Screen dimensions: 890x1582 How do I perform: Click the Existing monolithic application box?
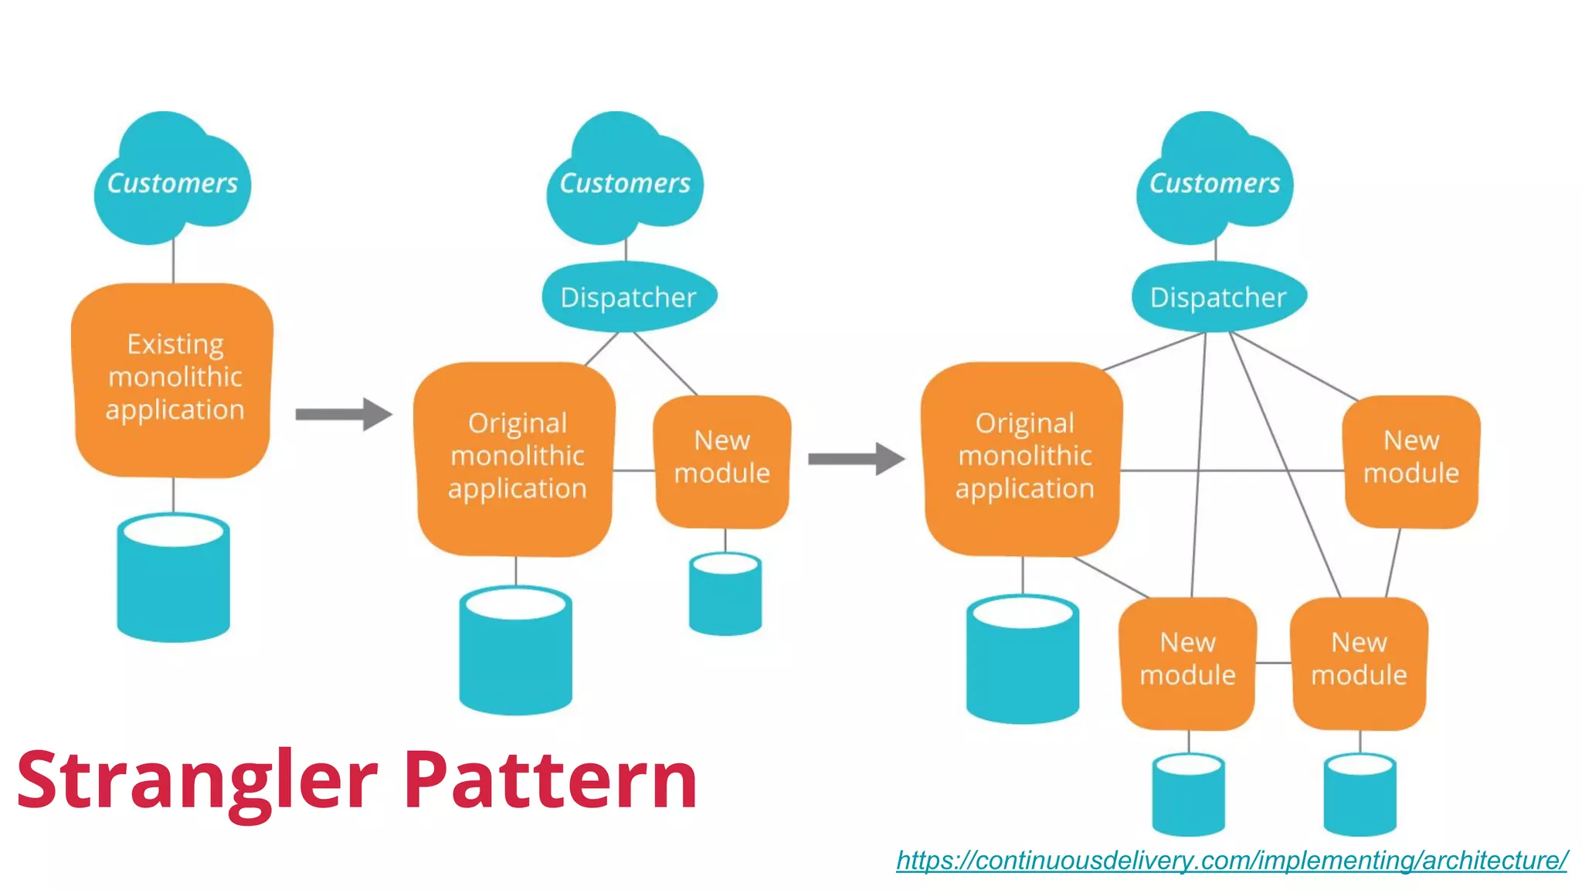pos(173,379)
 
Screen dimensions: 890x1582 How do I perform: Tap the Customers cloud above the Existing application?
pos(171,182)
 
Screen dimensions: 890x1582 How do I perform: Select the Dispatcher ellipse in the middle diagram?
pos(629,297)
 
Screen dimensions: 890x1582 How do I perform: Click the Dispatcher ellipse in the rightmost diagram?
pos(1218,297)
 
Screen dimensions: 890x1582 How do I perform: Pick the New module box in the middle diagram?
pos(721,460)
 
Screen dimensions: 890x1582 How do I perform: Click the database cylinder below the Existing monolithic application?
pos(173,579)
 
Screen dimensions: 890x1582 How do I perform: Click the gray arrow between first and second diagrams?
pos(343,414)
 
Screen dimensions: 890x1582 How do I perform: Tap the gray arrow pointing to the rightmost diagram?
pos(856,459)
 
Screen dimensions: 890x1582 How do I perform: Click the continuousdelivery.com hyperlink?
pos(1231,860)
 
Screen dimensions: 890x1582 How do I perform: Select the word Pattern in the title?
pos(550,780)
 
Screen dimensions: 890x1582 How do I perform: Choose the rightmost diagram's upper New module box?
pos(1411,460)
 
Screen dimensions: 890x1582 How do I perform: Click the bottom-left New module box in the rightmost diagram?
pos(1187,663)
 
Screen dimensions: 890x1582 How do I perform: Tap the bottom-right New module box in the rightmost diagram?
pos(1359,663)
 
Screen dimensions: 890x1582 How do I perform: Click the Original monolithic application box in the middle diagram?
pos(516,457)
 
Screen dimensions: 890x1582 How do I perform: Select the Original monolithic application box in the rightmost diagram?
pos(1023,457)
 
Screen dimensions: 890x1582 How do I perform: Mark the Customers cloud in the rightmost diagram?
pos(1214,182)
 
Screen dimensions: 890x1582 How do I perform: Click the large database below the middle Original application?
pos(515,653)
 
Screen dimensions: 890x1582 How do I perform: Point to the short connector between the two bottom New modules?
pos(1273,663)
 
